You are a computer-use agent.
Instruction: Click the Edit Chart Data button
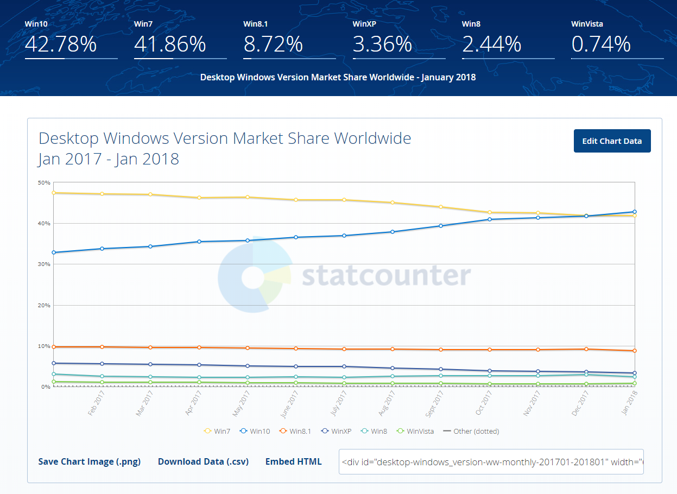tap(612, 141)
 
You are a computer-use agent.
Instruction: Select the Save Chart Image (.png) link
tap(90, 461)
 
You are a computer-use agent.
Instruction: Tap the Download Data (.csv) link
tap(203, 461)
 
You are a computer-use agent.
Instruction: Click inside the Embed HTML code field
tap(491, 461)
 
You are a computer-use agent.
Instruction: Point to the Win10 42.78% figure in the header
tap(60, 44)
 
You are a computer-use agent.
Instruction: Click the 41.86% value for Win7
tap(170, 44)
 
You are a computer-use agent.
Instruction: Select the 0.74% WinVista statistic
tap(601, 44)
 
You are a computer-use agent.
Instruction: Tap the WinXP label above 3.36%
tap(364, 24)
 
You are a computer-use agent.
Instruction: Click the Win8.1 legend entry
tap(295, 431)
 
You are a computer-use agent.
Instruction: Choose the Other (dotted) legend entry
tap(471, 431)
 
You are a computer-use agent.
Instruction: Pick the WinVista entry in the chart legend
tap(415, 431)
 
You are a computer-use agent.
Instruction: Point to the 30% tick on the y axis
tap(44, 264)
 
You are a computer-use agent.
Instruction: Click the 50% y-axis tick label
tap(44, 183)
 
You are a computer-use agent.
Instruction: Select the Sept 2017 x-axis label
tap(434, 404)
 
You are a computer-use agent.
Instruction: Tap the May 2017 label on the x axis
tap(241, 404)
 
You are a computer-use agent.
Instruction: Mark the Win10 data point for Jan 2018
tap(635, 212)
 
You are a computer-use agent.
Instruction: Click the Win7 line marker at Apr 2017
tap(199, 198)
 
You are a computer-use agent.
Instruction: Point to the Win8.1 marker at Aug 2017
tap(393, 349)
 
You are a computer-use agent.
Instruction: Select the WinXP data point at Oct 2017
tap(490, 371)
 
